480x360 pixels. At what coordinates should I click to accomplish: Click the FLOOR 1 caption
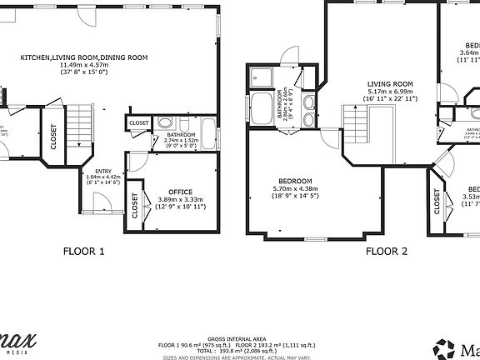point(84,250)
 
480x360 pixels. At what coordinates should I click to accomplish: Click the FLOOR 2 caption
point(387,250)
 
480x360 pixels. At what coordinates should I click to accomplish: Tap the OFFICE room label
point(180,192)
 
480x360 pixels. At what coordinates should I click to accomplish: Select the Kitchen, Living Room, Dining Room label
point(84,57)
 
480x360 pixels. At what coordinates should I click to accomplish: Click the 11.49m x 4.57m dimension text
point(84,65)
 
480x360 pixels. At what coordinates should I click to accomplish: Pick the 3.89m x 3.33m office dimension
point(181,199)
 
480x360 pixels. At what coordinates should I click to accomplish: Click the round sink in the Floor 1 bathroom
point(161,121)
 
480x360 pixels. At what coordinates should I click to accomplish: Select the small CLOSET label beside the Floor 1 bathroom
point(139,123)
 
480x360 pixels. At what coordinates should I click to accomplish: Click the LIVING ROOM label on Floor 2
point(391,84)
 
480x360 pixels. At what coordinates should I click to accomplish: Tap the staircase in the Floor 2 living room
point(356,127)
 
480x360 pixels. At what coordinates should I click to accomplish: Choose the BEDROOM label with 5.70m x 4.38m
point(295,182)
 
